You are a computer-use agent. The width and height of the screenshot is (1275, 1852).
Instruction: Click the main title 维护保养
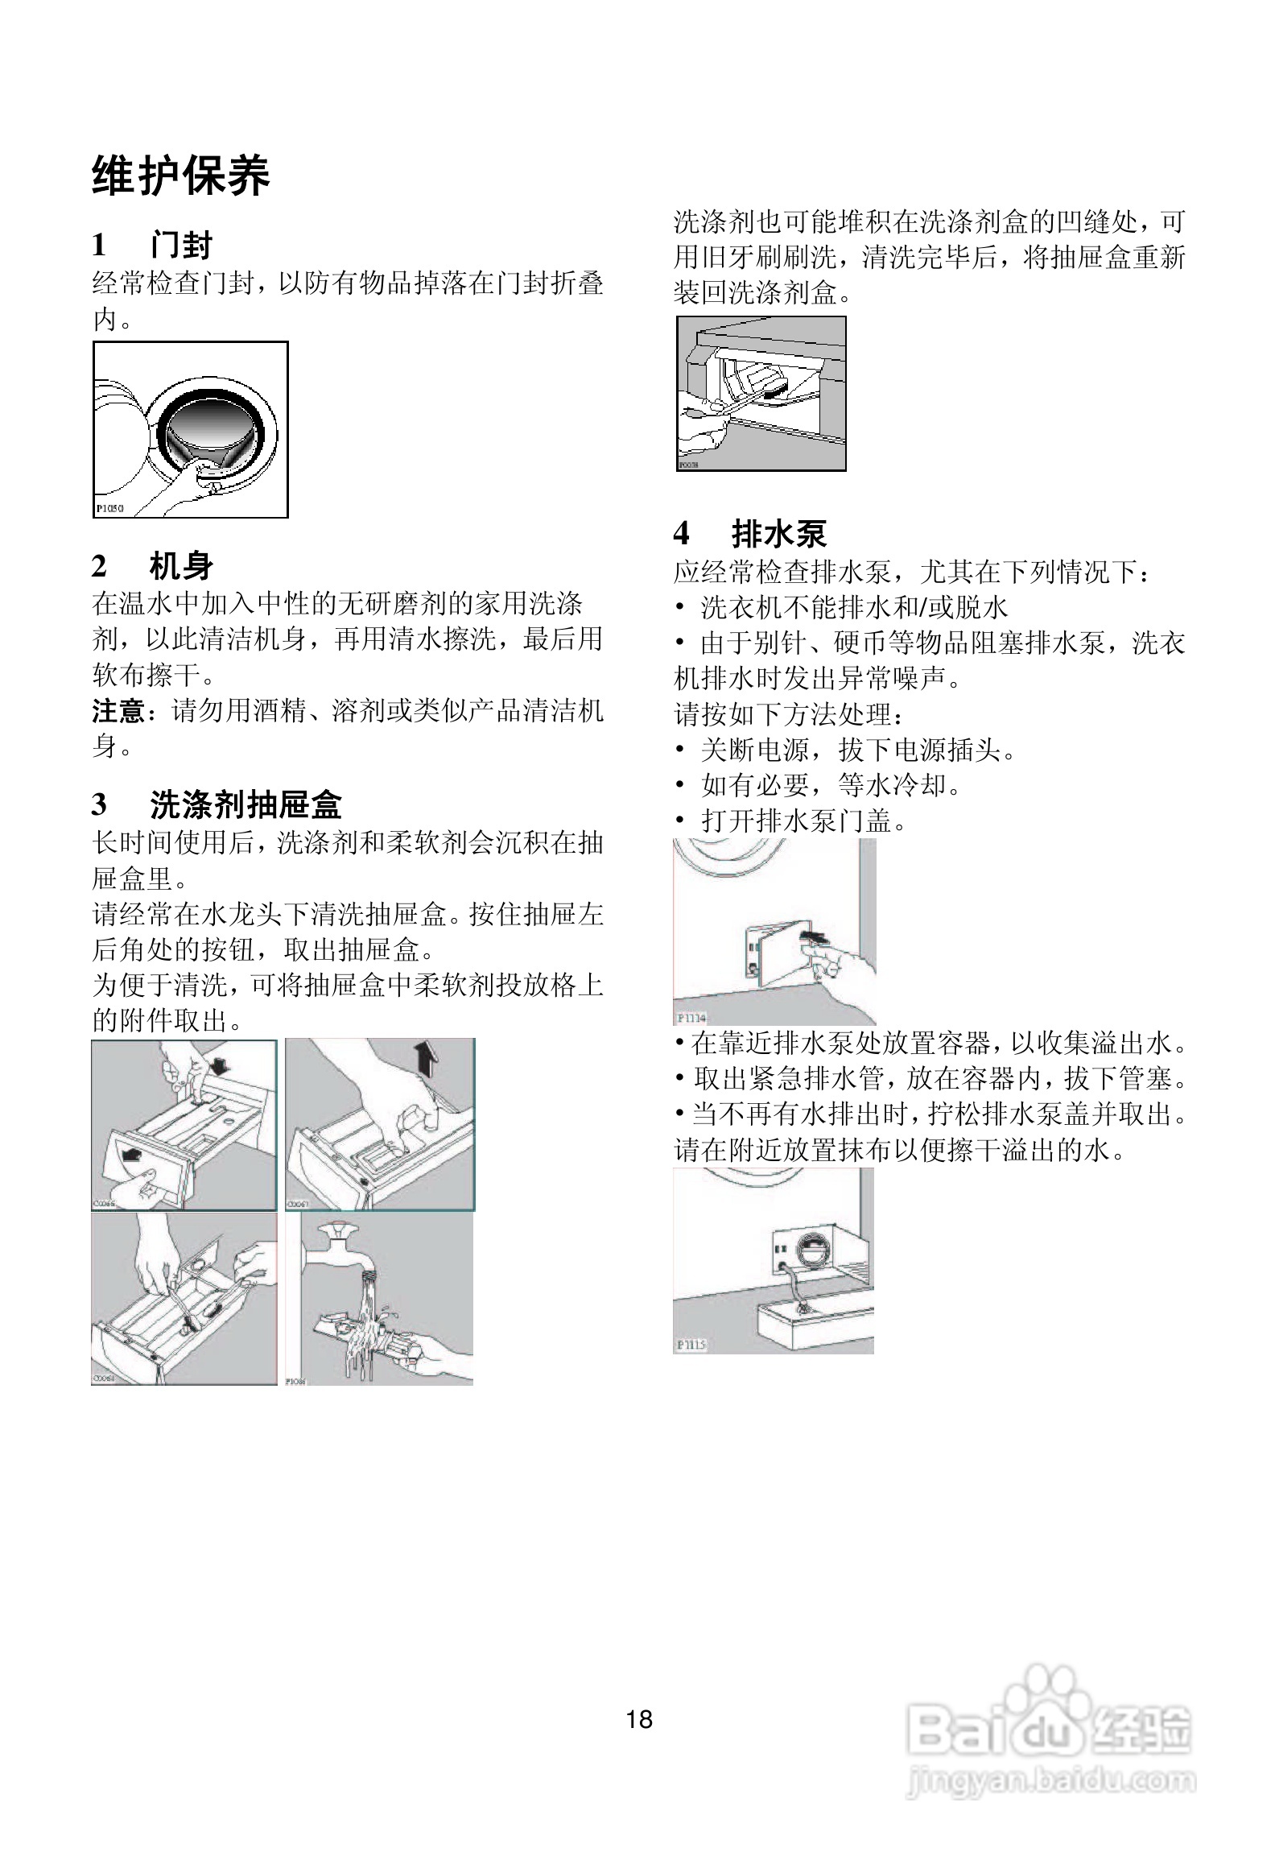pos(180,176)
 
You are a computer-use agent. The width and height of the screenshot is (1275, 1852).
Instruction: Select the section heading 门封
pos(181,245)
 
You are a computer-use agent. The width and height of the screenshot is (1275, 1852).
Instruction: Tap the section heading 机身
pos(181,565)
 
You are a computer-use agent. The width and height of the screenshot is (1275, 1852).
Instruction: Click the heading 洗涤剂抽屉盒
pos(246,804)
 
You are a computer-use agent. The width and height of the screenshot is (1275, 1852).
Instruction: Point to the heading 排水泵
pos(778,533)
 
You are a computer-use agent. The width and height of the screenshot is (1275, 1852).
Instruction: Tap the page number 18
pos(639,1719)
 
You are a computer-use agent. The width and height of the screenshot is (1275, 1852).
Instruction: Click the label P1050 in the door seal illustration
pos(110,508)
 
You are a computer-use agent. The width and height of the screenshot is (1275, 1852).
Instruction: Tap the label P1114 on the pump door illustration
pos(691,1018)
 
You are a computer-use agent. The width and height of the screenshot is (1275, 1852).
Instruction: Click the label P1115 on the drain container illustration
pos(691,1344)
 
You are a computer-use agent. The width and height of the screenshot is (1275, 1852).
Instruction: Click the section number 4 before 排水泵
pos(681,533)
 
